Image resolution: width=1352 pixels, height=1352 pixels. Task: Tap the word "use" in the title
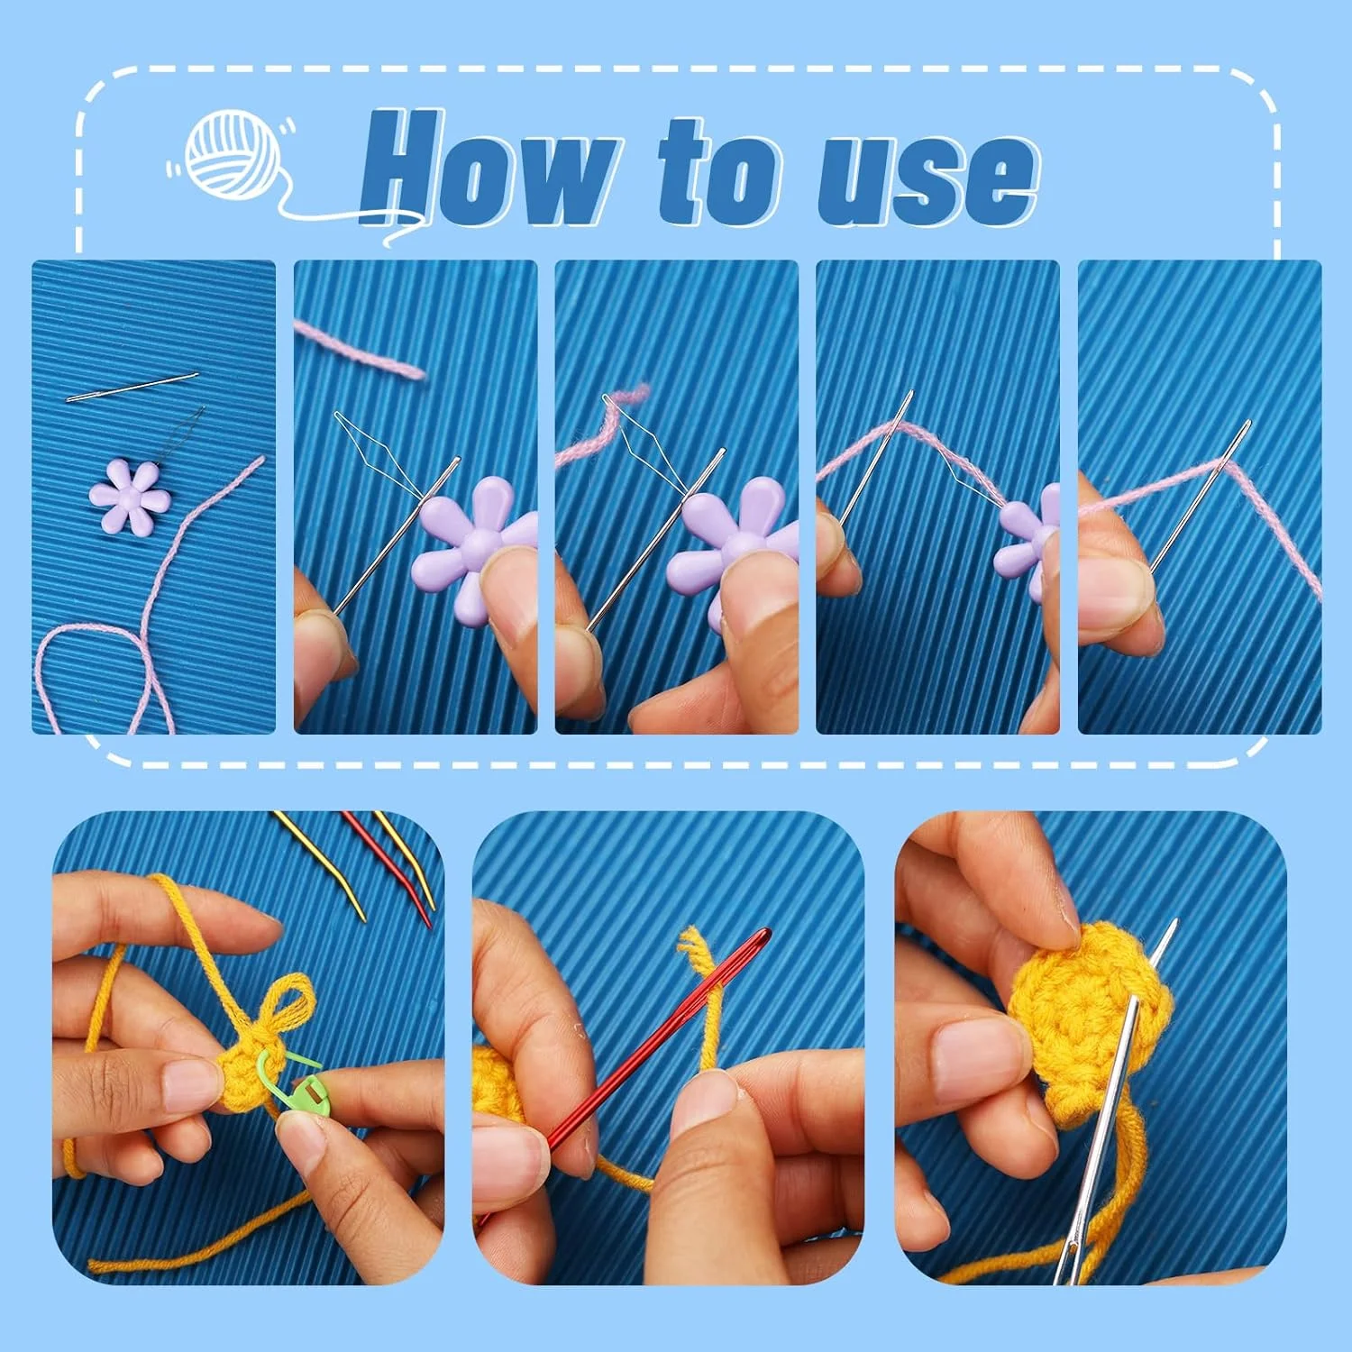click(928, 178)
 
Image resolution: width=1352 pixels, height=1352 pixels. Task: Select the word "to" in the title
click(718, 171)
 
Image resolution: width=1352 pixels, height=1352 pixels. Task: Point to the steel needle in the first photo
click(132, 387)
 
